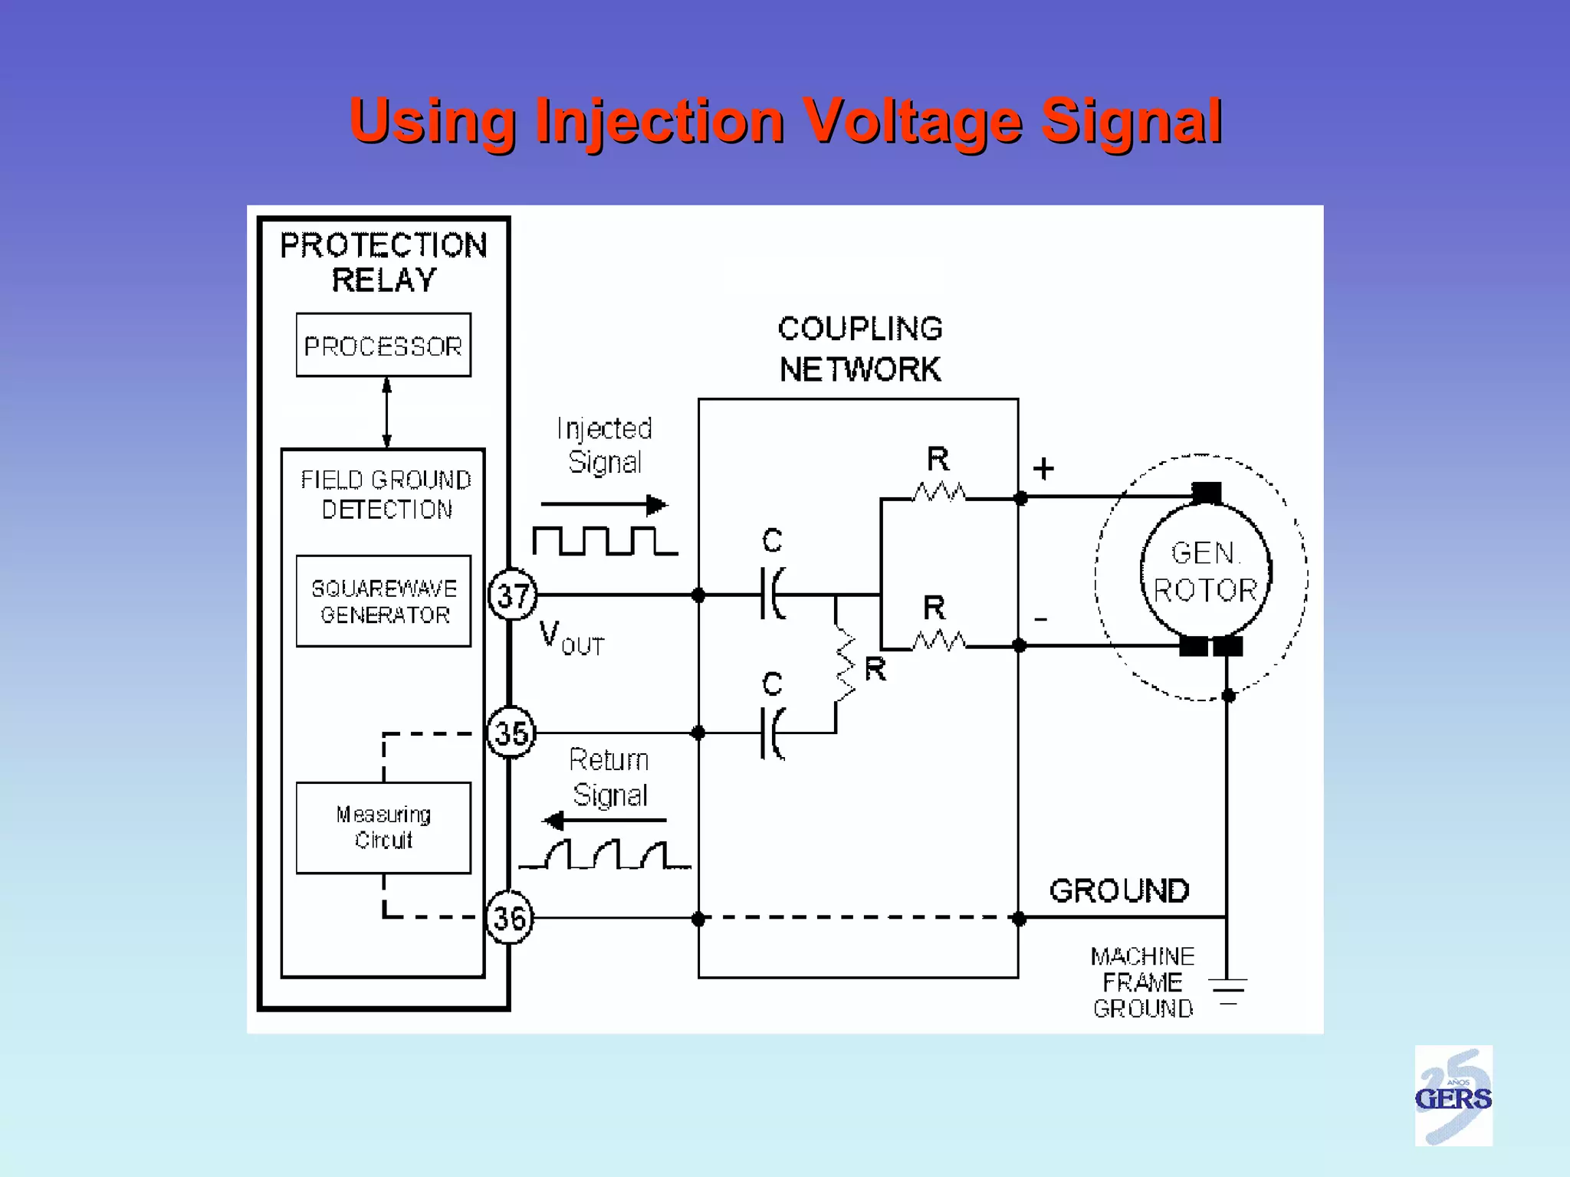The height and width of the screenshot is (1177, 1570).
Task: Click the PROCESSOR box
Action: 383,345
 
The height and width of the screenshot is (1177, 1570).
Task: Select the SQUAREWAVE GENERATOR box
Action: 383,602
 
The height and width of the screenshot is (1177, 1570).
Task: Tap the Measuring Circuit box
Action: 383,828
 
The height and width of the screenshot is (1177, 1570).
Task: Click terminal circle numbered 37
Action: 513,595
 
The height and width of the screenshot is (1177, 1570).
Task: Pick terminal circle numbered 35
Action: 511,733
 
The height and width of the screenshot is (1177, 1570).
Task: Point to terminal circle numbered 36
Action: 510,917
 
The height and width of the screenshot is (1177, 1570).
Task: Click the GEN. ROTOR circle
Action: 1205,571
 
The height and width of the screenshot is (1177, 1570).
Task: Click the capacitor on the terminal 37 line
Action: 772,594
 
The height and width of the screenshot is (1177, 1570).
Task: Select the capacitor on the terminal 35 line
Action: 772,733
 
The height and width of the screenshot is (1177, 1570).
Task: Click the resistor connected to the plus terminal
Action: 939,493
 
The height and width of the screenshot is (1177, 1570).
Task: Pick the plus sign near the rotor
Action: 1043,468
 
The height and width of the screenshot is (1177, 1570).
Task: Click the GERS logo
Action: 1453,1096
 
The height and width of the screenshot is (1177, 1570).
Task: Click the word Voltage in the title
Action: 913,121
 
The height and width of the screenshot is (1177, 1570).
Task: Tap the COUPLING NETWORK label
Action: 860,349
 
